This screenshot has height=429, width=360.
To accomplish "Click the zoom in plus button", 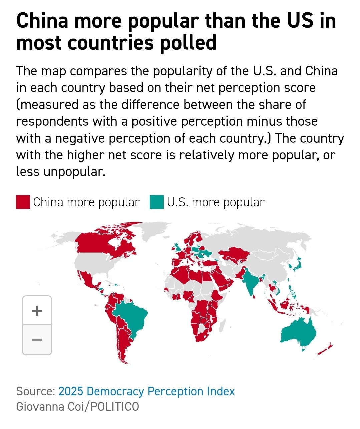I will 37,310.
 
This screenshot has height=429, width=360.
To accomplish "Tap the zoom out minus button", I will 37,340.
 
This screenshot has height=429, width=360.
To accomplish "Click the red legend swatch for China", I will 23,202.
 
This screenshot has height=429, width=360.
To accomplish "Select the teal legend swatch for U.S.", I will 157,202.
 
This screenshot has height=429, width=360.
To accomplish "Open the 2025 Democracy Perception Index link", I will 146,391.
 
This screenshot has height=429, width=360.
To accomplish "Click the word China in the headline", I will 42,21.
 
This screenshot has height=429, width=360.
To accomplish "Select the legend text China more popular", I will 86,202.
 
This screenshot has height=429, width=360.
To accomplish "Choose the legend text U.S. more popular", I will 216,202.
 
